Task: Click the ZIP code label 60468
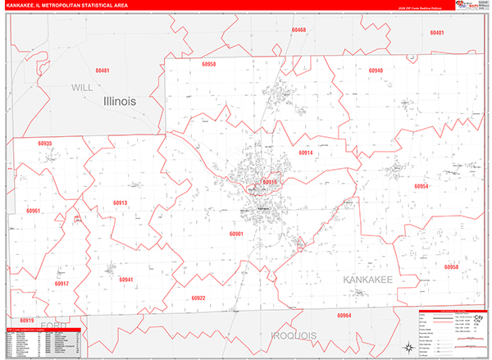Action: [298, 30]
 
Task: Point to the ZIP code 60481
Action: [102, 71]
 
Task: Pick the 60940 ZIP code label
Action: [376, 71]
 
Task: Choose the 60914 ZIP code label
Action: [306, 153]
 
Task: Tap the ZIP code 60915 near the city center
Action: [271, 182]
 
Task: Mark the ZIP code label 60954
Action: [421, 187]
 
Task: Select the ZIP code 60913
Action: [121, 203]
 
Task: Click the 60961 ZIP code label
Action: [34, 212]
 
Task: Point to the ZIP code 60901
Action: [237, 234]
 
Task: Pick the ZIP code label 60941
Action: [125, 280]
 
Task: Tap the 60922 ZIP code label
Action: [198, 298]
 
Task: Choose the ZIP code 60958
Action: [451, 267]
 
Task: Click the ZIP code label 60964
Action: [344, 316]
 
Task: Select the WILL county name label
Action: [82, 86]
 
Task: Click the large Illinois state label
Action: [131, 101]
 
